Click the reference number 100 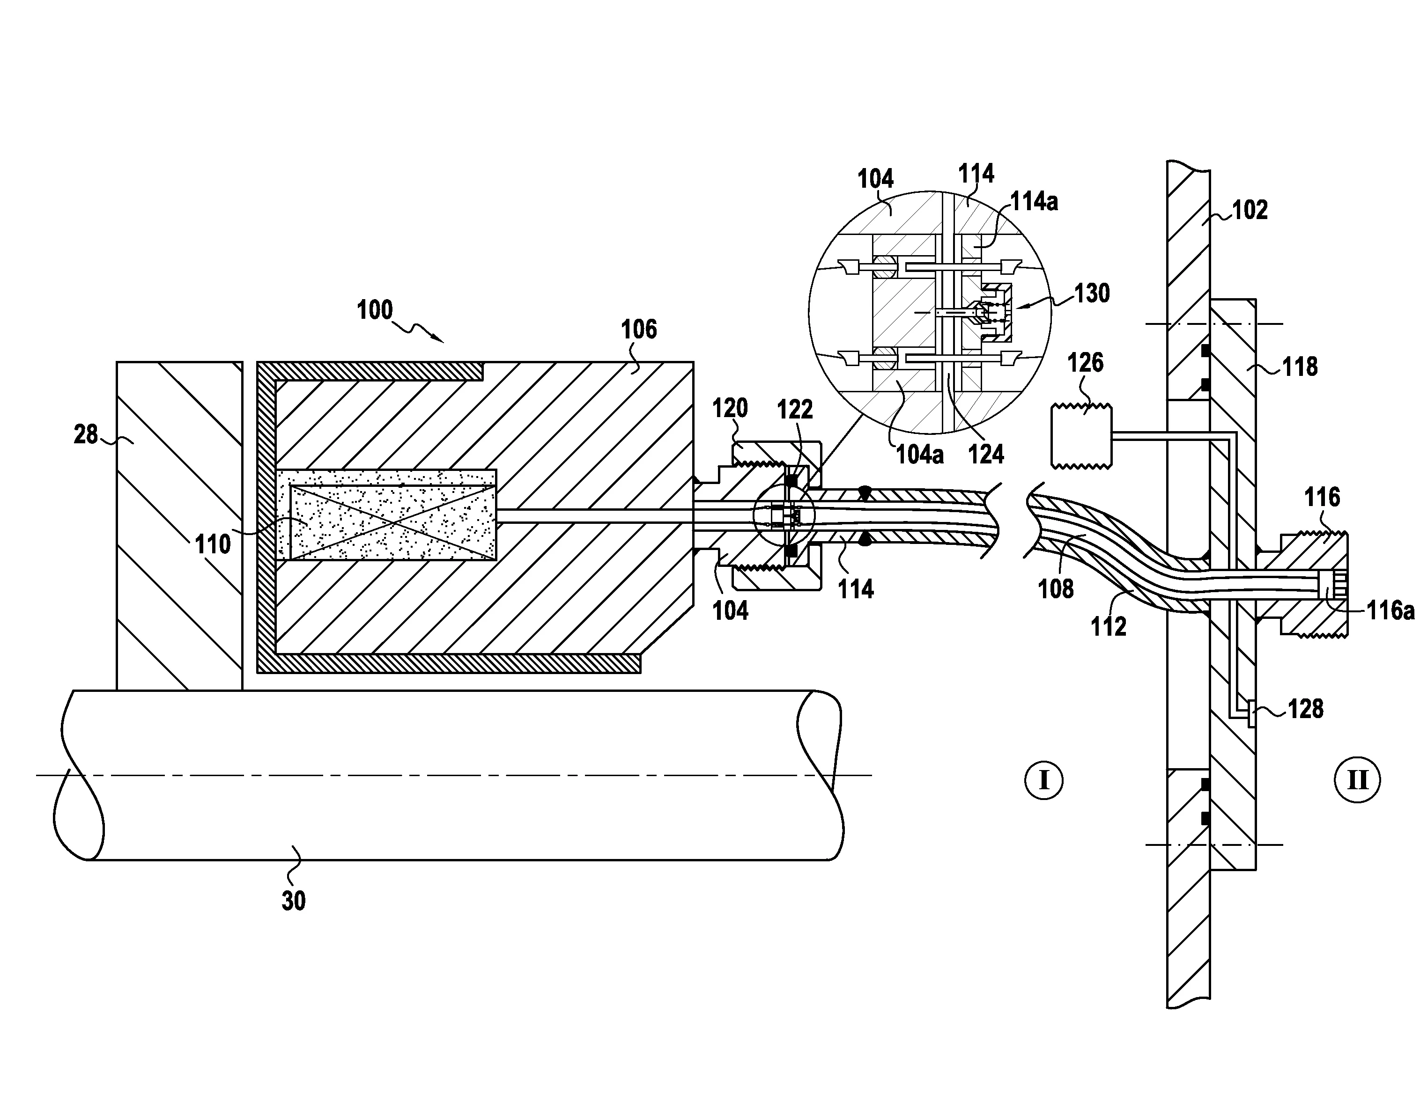click(375, 310)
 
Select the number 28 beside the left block click(86, 434)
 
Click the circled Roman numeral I click(1043, 779)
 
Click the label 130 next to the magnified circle click(1092, 294)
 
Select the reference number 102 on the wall click(1250, 210)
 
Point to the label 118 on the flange click(1299, 367)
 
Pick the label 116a click(1390, 611)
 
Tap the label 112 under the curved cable click(1108, 626)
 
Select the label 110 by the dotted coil click(213, 544)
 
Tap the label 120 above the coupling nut click(730, 408)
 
